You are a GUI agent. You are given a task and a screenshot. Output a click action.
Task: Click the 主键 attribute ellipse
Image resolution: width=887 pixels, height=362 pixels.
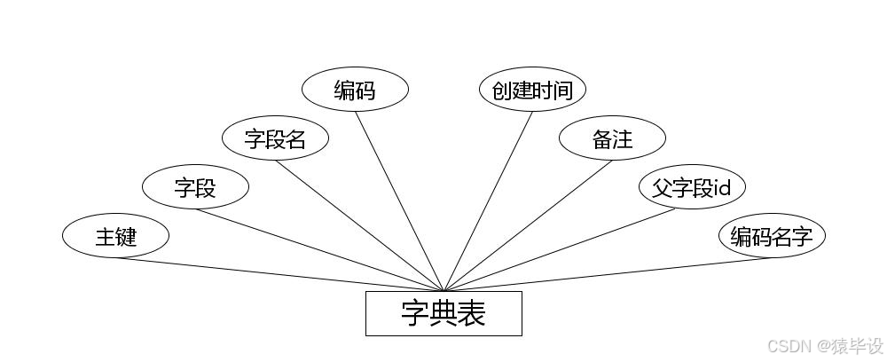click(x=115, y=236)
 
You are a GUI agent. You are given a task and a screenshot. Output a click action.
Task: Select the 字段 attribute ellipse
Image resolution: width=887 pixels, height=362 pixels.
click(x=195, y=187)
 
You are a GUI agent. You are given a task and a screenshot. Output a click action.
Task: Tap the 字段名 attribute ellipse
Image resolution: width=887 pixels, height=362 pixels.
click(x=275, y=138)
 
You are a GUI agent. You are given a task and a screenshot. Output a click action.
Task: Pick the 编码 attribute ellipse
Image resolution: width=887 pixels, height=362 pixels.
click(x=355, y=90)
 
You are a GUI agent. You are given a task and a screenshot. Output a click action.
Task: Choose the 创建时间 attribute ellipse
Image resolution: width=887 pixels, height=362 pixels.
click(x=532, y=90)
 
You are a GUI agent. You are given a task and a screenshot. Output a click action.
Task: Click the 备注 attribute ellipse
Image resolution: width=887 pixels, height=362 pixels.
click(x=612, y=138)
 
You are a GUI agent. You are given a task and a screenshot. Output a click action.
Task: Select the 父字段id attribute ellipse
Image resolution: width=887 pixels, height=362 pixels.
click(x=692, y=187)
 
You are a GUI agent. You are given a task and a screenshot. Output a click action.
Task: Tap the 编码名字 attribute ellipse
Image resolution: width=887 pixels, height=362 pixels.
click(x=772, y=236)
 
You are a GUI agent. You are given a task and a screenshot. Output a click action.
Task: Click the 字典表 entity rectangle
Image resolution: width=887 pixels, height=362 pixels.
click(x=443, y=313)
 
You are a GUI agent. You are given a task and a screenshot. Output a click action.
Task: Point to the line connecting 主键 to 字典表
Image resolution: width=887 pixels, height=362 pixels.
click(x=279, y=274)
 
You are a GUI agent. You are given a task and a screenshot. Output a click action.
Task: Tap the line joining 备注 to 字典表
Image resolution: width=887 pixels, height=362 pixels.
click(x=528, y=225)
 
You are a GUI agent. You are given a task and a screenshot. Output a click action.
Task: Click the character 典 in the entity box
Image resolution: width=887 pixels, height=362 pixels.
click(x=443, y=313)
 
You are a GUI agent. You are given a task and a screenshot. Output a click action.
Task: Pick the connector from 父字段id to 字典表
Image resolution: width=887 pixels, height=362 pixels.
click(x=568, y=249)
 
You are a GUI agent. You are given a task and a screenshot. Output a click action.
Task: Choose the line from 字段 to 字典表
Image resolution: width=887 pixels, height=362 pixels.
click(x=319, y=249)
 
